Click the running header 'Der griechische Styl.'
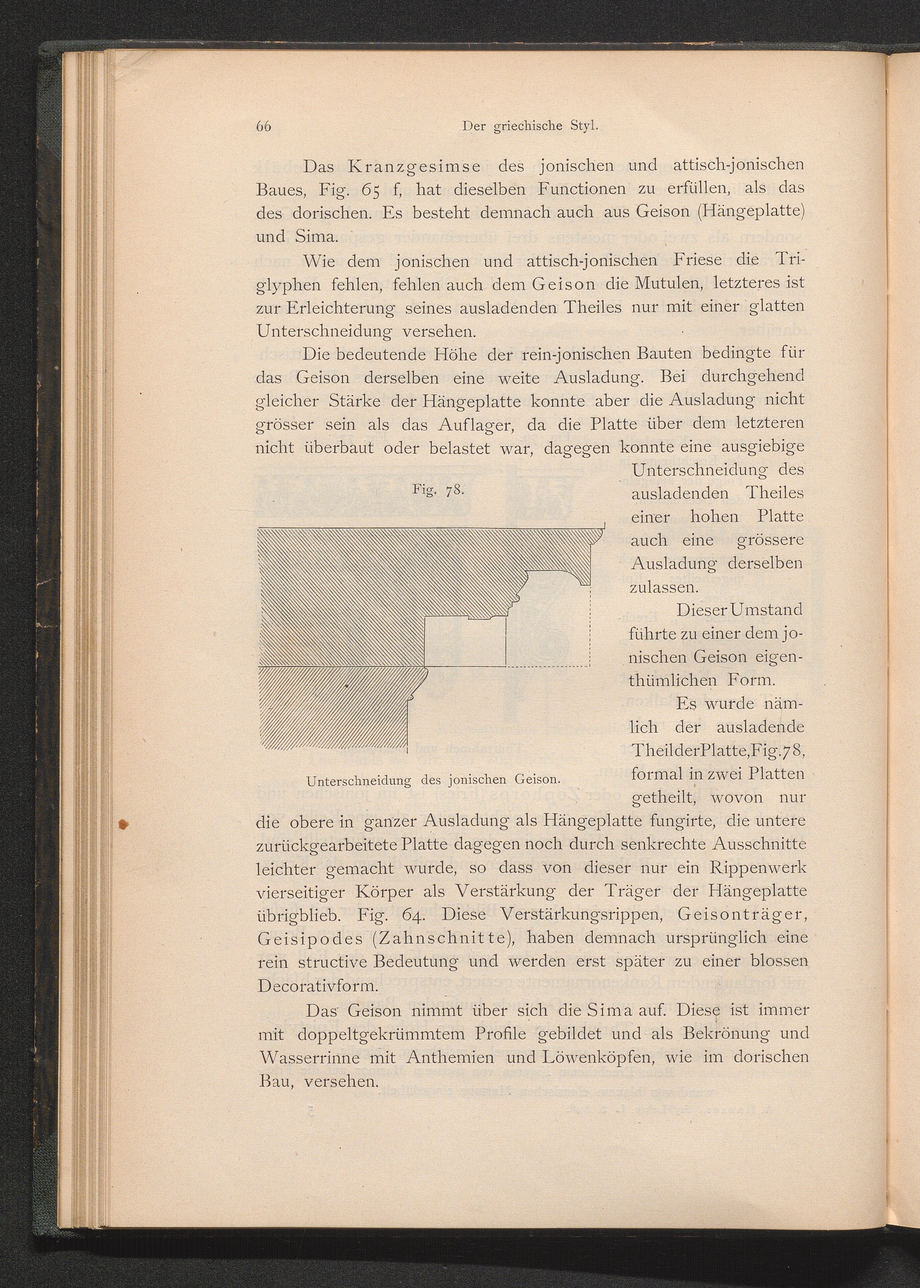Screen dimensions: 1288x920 (x=530, y=126)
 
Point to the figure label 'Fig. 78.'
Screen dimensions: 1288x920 (x=439, y=490)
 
